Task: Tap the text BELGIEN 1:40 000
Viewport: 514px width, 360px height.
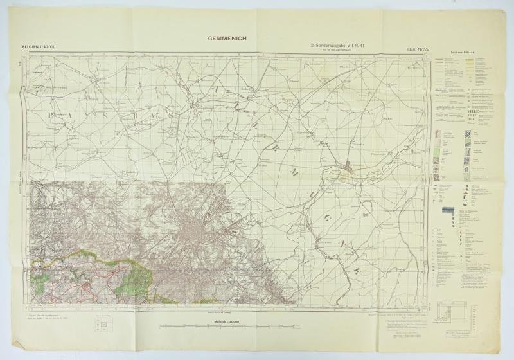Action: coord(40,48)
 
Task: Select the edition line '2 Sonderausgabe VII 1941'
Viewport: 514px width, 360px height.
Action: coord(339,47)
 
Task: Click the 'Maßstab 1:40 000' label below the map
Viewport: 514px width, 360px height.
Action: coord(218,321)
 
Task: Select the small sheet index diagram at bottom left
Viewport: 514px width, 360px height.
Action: coord(99,325)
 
